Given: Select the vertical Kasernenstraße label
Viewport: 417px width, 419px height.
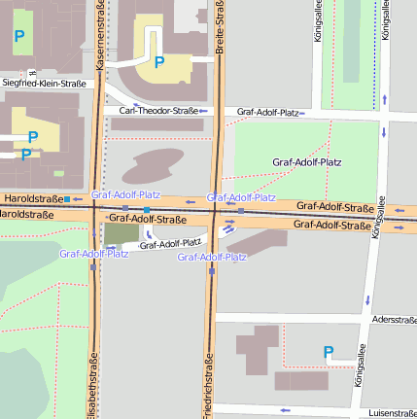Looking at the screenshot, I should [x=101, y=37].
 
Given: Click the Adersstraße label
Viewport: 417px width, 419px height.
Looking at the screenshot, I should [x=394, y=319].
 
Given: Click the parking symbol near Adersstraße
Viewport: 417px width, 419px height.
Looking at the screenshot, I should [x=329, y=352].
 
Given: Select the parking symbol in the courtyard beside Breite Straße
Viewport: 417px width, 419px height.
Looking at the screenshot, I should [x=159, y=62].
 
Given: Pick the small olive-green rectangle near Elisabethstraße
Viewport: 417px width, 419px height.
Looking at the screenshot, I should [x=121, y=233].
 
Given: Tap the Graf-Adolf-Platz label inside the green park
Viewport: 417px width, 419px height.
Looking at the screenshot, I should [x=312, y=161].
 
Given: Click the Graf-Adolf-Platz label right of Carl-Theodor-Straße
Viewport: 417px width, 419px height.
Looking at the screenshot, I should [x=267, y=113].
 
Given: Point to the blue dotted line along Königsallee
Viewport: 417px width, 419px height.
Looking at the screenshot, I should [x=374, y=68].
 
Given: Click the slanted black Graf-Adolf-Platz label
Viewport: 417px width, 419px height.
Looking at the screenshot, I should [x=170, y=243].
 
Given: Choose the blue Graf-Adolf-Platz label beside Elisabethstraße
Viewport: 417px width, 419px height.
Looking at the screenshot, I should [x=93, y=254].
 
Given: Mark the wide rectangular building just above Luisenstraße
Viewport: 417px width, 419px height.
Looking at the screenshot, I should [x=301, y=381].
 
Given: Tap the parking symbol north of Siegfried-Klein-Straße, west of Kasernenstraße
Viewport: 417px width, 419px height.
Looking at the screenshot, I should [x=19, y=37].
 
